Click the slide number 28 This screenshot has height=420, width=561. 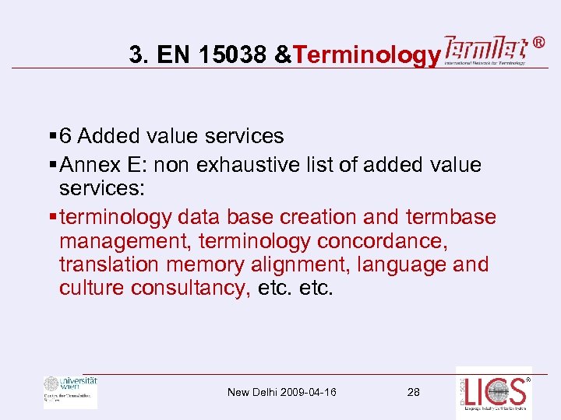click(413, 392)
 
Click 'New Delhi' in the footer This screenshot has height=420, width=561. click(248, 392)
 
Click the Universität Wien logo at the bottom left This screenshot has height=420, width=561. click(70, 391)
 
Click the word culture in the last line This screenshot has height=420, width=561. click(92, 289)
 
